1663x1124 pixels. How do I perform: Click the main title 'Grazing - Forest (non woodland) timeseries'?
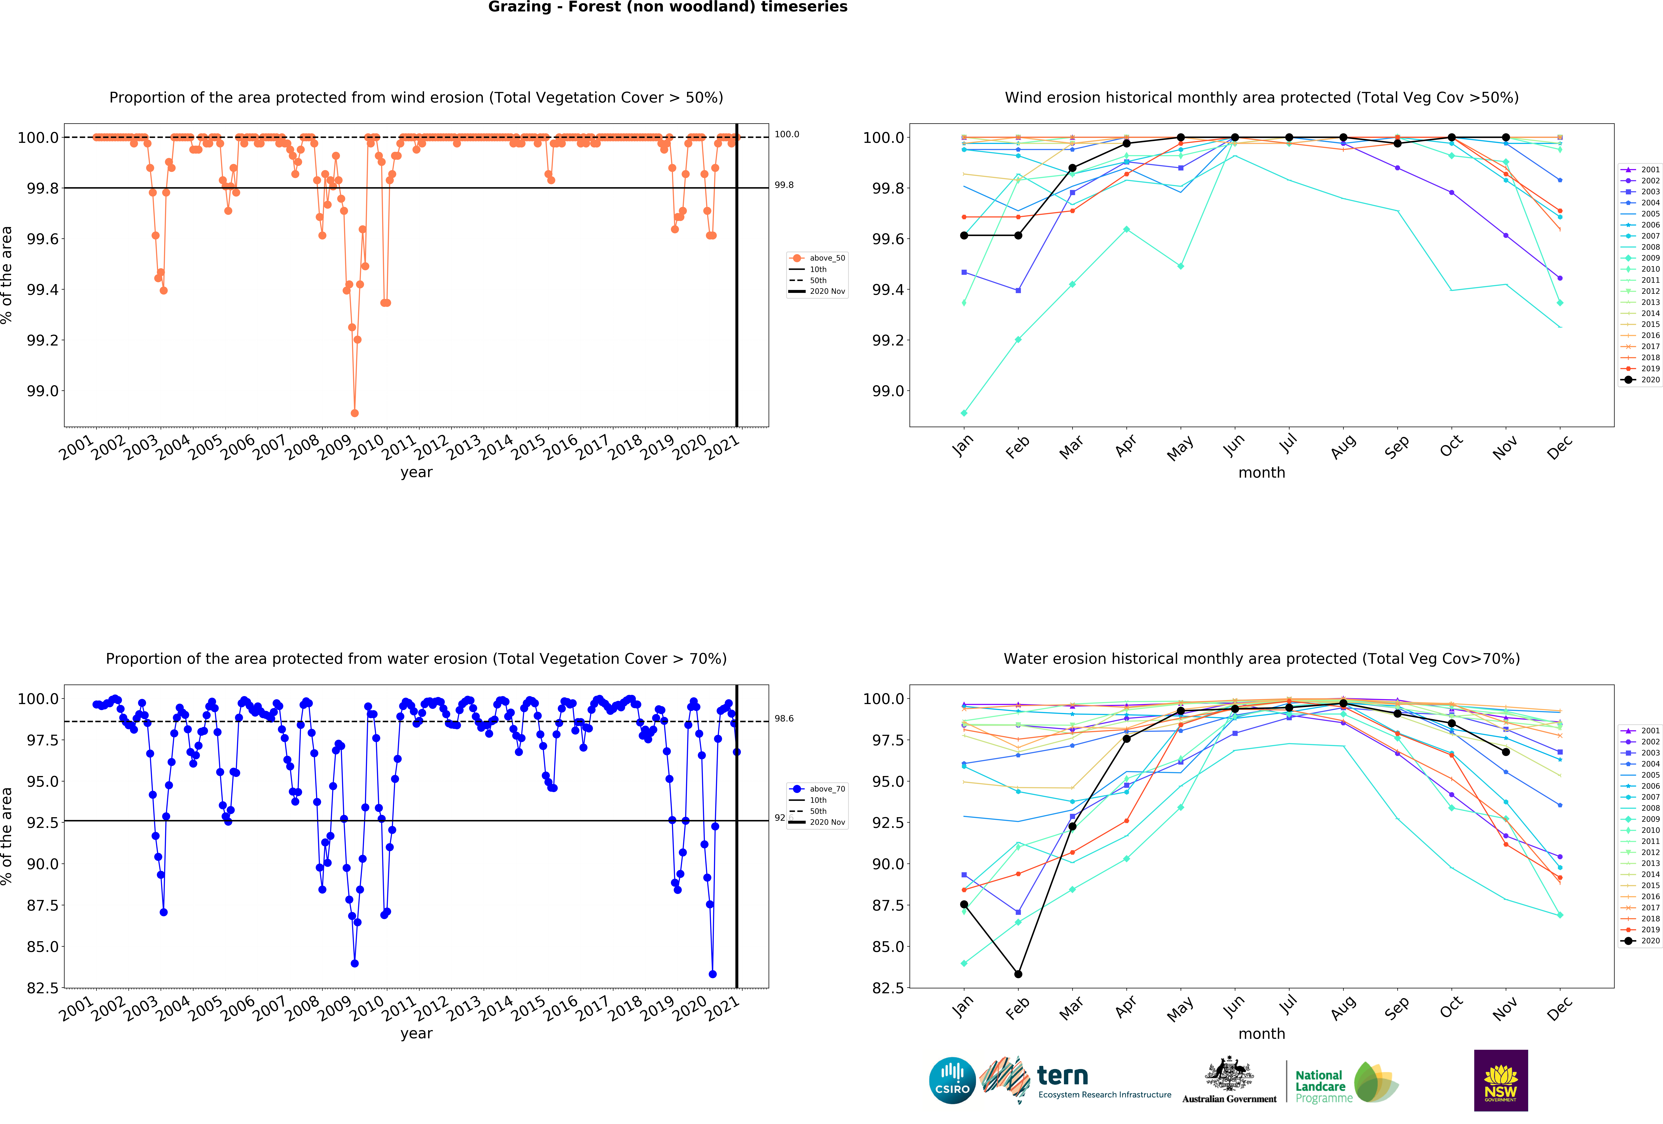coord(668,7)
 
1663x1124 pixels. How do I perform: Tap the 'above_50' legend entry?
coord(826,258)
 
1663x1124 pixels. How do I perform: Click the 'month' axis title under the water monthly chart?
coord(1262,1034)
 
